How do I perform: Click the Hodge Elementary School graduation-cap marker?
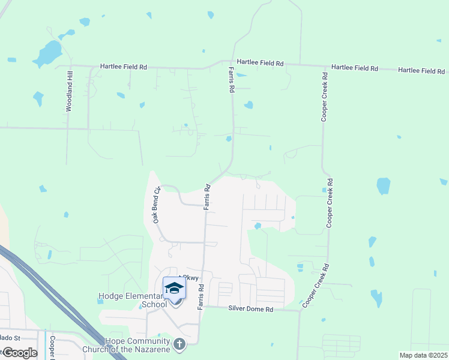click(174, 289)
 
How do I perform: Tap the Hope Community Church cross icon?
click(178, 344)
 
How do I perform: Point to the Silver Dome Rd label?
click(250, 309)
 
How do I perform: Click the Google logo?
click(19, 353)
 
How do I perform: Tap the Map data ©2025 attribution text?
click(423, 355)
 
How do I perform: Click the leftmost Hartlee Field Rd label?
click(123, 67)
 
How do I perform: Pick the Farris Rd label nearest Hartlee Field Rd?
click(231, 79)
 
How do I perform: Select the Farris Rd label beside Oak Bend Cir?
click(206, 197)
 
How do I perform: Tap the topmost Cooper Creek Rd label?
click(324, 97)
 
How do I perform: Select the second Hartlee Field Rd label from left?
click(260, 62)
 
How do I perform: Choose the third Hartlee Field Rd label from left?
click(354, 68)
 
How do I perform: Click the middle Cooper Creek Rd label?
click(329, 203)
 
